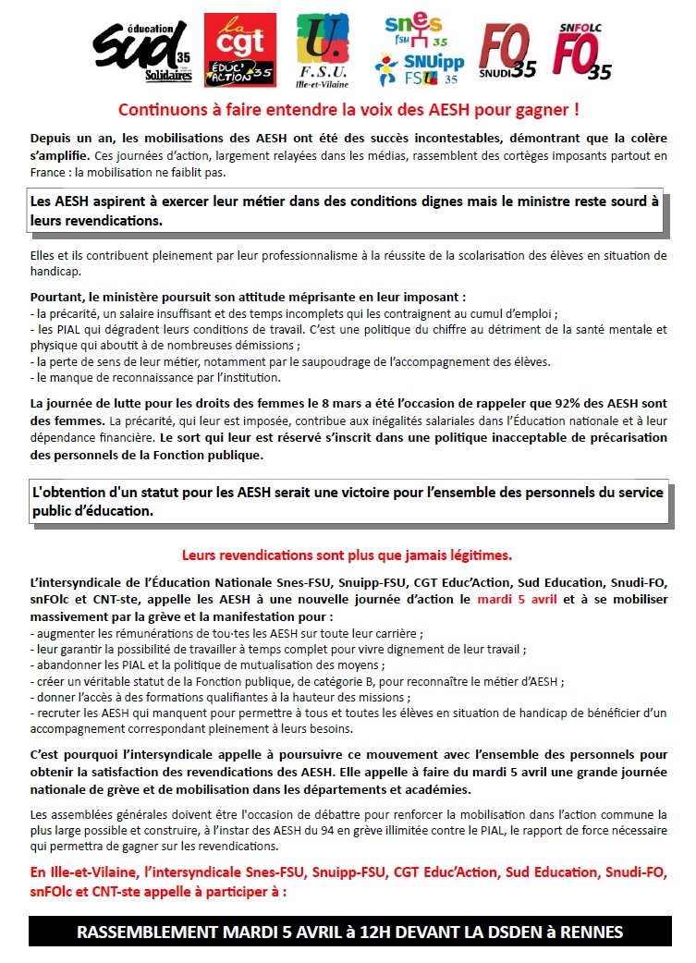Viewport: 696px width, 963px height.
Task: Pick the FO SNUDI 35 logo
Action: tap(507, 51)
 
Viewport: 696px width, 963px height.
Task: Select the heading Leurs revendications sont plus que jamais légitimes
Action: tap(347, 555)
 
